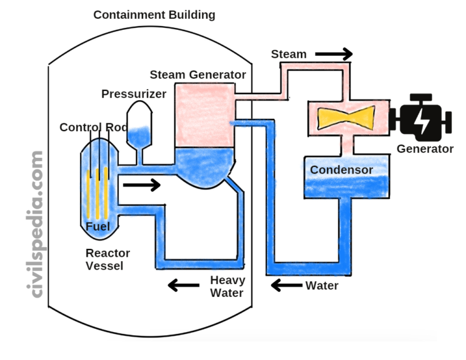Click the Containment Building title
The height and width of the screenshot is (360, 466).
(154, 15)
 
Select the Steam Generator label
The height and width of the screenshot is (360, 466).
(198, 75)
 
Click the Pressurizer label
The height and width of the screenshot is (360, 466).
(133, 94)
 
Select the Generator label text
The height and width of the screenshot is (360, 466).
(425, 149)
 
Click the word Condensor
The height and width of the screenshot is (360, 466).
(342, 170)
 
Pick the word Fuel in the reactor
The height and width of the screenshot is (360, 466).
(97, 227)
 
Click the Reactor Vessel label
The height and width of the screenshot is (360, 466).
(107, 259)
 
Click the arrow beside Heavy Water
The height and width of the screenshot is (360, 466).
(186, 284)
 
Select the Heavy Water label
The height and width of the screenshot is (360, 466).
(227, 287)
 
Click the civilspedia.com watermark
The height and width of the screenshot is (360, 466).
(37, 225)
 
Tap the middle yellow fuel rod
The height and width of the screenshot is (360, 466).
(97, 193)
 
